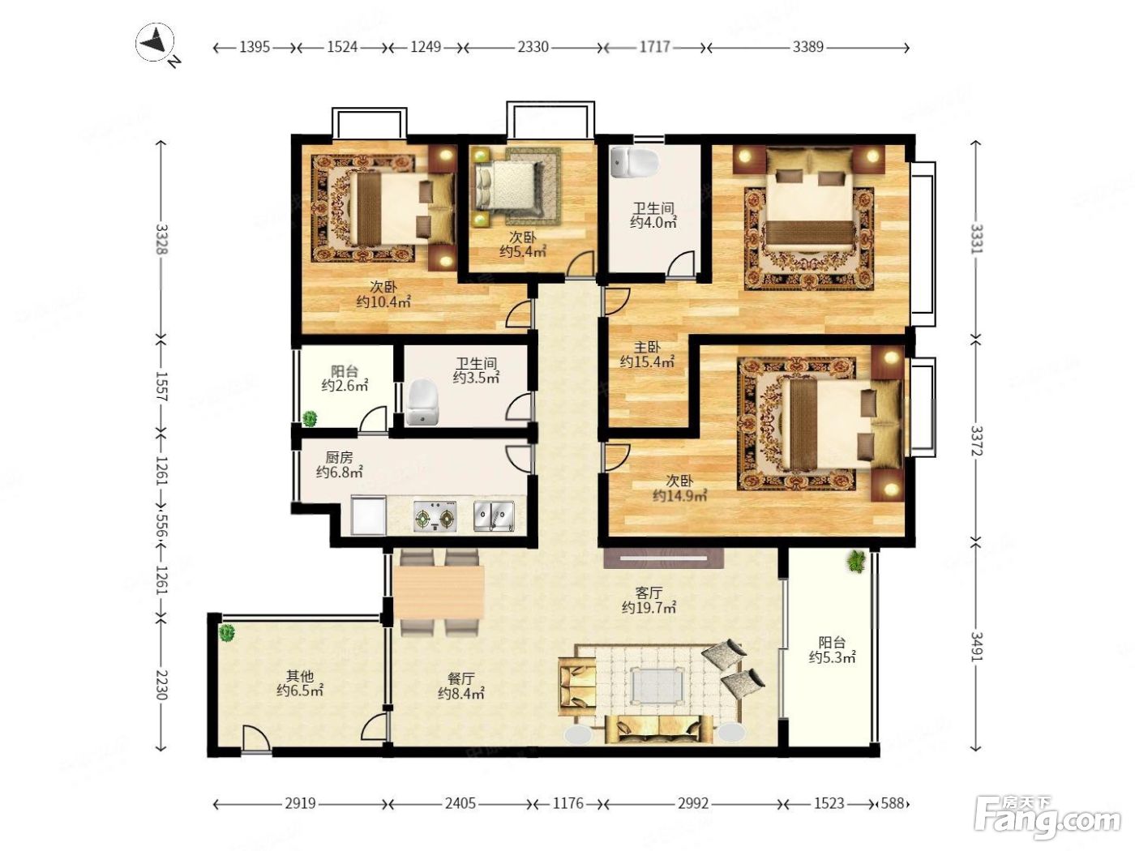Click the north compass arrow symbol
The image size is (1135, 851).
(x=155, y=42)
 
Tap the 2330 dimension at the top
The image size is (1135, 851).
(x=533, y=47)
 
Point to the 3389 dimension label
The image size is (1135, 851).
(x=807, y=47)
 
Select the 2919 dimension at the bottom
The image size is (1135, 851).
(x=300, y=803)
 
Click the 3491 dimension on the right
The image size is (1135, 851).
(x=976, y=647)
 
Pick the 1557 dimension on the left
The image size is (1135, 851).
(x=161, y=386)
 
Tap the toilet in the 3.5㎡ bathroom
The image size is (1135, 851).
(x=422, y=403)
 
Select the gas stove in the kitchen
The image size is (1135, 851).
(x=435, y=516)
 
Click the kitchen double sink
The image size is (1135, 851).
(x=494, y=515)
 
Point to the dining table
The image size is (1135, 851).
(x=439, y=592)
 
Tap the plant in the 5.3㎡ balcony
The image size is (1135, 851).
(x=856, y=562)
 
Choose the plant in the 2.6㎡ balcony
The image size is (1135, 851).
(x=309, y=418)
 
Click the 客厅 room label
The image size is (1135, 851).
(x=649, y=592)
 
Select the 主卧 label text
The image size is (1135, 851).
(x=647, y=347)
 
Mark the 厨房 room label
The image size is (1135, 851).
(x=339, y=457)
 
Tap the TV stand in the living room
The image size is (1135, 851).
(x=663, y=558)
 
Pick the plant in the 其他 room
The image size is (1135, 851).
(x=226, y=632)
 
